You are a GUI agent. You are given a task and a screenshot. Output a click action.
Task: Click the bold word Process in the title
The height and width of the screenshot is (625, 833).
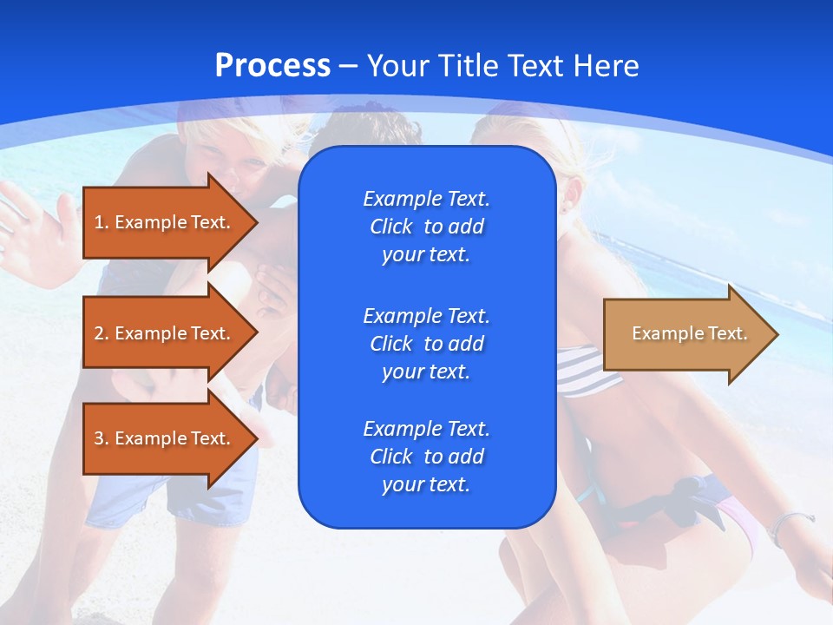pos(272,66)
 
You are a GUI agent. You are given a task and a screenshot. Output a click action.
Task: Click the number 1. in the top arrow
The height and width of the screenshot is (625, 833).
pos(101,222)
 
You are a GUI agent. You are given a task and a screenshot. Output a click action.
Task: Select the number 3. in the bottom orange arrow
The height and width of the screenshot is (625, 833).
pos(101,438)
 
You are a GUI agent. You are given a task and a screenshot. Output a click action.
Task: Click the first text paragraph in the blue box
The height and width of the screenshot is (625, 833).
pos(426,227)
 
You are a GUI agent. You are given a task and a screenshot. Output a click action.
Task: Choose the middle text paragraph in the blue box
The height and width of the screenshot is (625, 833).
pos(426,344)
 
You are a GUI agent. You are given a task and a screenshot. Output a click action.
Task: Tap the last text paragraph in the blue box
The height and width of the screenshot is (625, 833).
pos(426,457)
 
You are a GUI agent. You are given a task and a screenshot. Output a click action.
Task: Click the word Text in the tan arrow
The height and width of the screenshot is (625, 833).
pos(727,333)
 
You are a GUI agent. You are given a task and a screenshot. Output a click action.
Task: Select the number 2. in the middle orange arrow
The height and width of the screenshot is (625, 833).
pos(101,333)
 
